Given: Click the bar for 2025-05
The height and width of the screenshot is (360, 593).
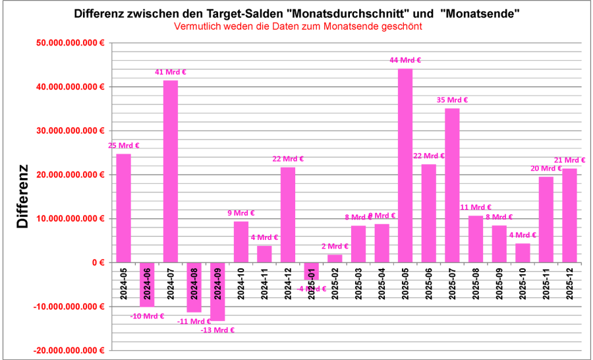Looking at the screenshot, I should [x=405, y=165].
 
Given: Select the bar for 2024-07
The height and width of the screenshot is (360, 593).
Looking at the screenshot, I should [x=170, y=171].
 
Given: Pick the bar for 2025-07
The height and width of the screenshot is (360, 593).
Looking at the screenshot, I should [x=452, y=185].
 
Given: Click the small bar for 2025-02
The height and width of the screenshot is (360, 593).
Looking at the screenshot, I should [x=335, y=258].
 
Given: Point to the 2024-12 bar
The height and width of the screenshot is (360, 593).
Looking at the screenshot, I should [x=288, y=214].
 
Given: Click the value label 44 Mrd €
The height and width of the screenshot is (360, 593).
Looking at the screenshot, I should [x=405, y=60].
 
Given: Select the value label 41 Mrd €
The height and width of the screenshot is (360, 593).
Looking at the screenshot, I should [x=170, y=72].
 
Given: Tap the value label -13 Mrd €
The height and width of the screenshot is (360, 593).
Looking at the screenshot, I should [x=217, y=330].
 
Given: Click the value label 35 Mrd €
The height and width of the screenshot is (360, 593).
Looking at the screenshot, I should [x=452, y=100].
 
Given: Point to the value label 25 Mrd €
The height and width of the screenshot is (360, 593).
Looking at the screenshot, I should [x=123, y=146].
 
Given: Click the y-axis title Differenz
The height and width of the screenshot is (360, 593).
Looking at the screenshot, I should [x=23, y=196].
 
